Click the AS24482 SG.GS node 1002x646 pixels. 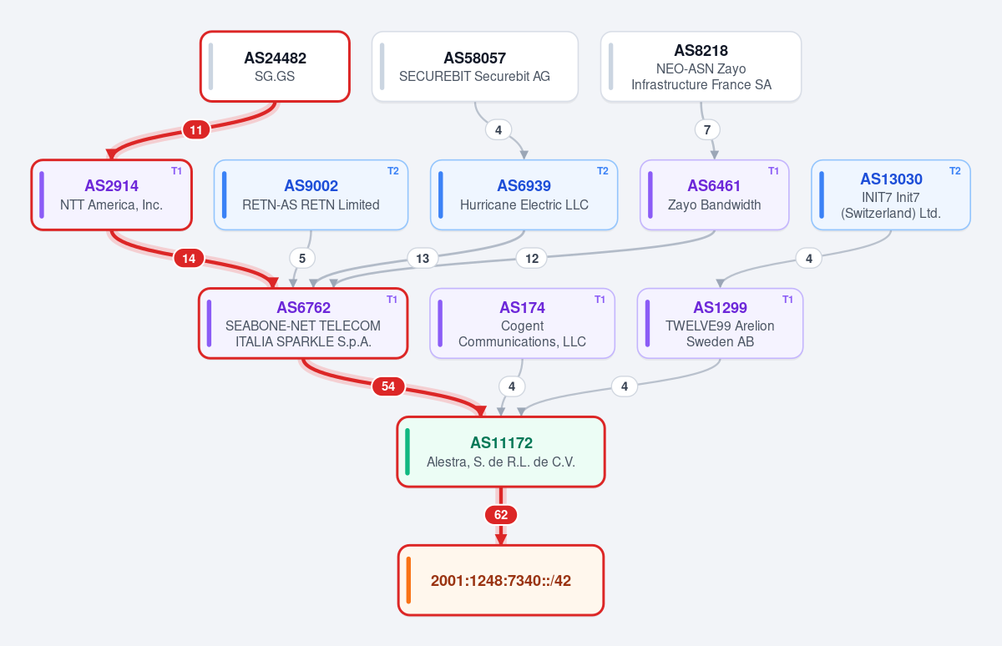tap(275, 67)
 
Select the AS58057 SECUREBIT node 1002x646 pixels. tap(474, 67)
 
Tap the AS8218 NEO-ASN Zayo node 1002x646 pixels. tap(701, 67)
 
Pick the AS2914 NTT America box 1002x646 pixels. tap(111, 195)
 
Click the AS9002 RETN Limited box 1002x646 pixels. tap(311, 195)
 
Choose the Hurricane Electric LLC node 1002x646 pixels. tap(524, 195)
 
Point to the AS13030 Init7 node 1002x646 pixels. tap(891, 195)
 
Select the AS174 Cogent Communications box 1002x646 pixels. tap(522, 323)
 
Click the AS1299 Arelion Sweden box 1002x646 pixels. tap(720, 323)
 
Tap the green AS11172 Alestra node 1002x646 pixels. tap(501, 452)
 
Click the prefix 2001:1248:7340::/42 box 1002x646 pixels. tap(501, 580)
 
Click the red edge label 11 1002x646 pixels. tap(196, 130)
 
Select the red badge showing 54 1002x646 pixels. tap(388, 386)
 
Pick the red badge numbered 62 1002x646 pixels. tap(501, 515)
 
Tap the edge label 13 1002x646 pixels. tap(423, 259)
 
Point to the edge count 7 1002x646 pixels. tap(707, 130)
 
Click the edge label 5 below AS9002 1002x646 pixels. tap(302, 259)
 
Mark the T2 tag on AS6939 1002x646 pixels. tap(603, 171)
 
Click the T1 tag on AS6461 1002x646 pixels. tap(773, 171)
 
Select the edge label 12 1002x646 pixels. tap(532, 259)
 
